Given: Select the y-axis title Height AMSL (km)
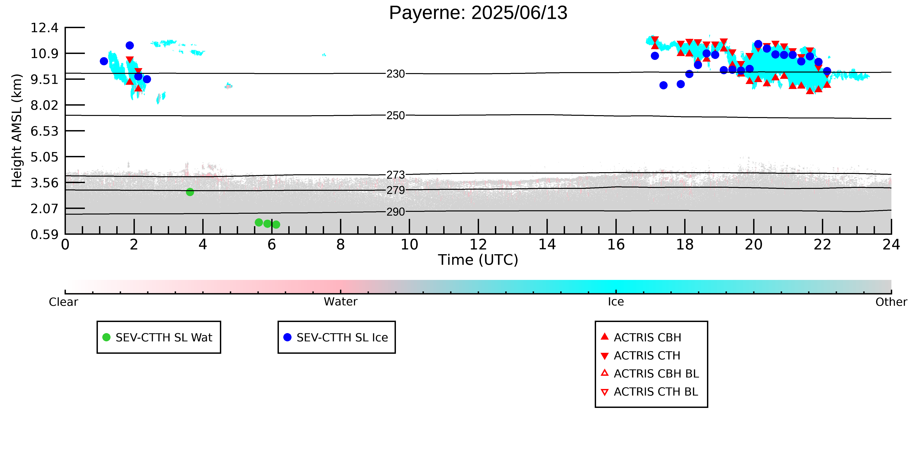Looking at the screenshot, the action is pos(17,131).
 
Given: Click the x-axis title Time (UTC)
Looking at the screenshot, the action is pos(478,260).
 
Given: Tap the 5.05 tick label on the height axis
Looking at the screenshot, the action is pos(44,157).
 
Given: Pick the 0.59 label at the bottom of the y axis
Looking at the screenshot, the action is pos(44,235).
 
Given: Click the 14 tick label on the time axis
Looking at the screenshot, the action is pos(547,245).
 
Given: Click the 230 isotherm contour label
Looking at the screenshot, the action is pos(396,74).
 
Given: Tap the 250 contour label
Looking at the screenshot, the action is pos(396,115).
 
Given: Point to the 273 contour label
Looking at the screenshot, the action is pos(396,175).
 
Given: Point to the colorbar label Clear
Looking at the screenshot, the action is pos(64,302).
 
